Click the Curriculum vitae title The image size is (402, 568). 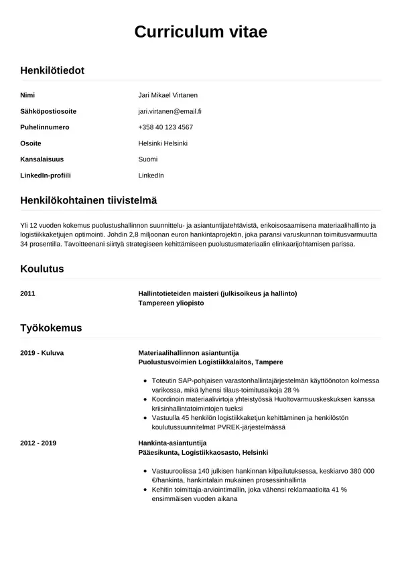pos(200,31)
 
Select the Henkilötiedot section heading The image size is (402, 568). pos(52,70)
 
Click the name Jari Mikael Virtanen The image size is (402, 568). pos(167,95)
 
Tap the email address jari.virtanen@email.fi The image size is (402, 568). pos(170,111)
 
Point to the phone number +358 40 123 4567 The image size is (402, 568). pos(165,127)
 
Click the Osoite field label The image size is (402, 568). pos(31,143)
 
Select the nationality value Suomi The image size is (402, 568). pos(147,159)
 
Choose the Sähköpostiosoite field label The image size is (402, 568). pos(48,111)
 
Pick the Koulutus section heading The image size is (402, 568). pos(42,269)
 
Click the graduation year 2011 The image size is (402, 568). pos(28,293)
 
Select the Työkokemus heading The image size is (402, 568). pos(51,328)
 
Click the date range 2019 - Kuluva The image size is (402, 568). pos(42,352)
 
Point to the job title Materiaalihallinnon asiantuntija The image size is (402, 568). pos(188,352)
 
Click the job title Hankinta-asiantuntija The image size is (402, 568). pos(172,443)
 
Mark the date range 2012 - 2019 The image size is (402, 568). pos(38,443)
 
